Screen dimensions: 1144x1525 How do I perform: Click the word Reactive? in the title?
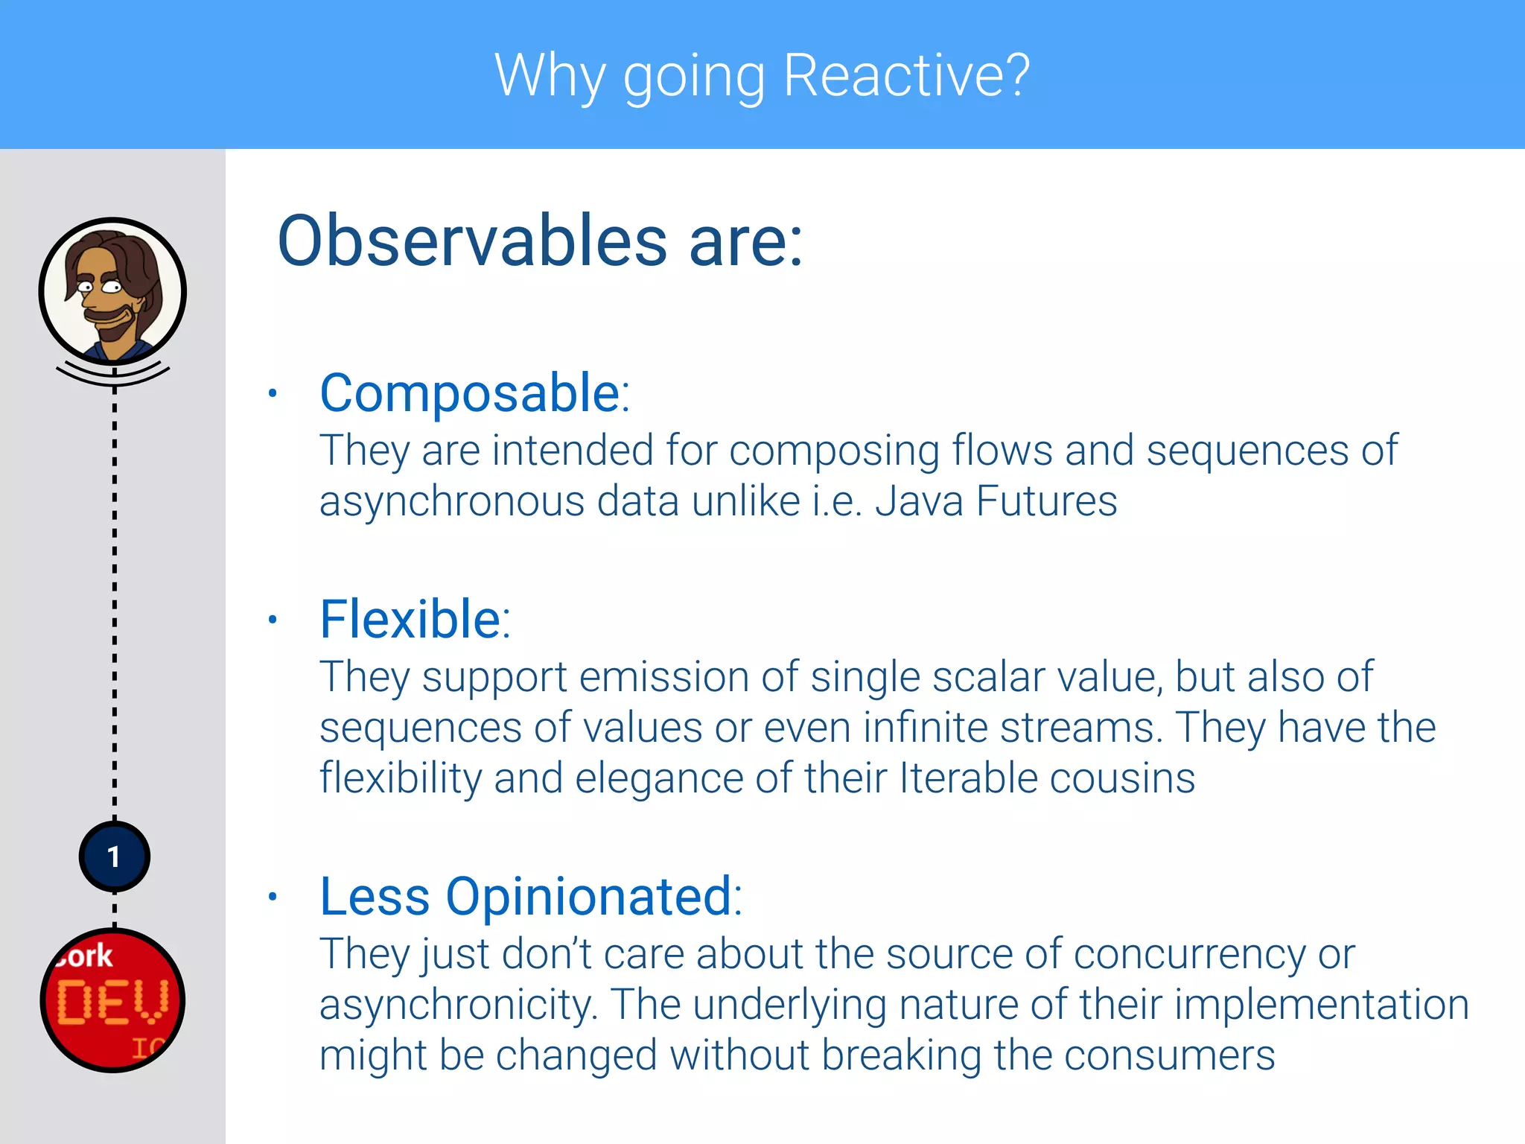[906, 76]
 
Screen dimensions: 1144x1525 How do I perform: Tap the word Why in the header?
[550, 76]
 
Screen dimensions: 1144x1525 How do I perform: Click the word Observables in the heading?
[472, 241]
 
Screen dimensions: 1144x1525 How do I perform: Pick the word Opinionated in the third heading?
[589, 896]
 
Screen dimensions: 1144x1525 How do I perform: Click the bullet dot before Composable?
[273, 393]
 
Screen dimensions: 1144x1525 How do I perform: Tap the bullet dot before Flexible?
[273, 619]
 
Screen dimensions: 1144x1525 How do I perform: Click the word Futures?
[1046, 500]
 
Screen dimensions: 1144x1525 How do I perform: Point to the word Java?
[919, 500]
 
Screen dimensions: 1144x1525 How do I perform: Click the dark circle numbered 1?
[114, 857]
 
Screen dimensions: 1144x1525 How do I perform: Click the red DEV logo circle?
[112, 1000]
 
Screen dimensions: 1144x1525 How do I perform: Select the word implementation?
[1322, 1005]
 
